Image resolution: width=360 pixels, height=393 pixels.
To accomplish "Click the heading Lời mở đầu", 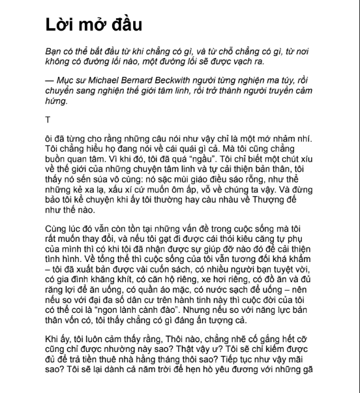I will point(94,25).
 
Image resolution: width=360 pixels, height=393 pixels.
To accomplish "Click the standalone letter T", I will point(48,120).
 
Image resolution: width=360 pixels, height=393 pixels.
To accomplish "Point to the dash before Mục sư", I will point(50,79).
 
